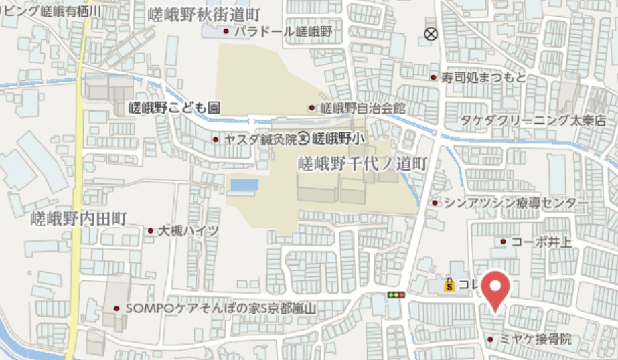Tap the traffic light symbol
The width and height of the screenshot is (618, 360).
[396, 294]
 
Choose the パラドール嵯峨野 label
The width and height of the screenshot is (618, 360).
[282, 31]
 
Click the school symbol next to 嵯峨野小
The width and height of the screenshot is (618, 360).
[303, 139]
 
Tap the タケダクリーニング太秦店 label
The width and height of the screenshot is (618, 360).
[532, 120]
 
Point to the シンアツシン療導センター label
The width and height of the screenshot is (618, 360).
[516, 202]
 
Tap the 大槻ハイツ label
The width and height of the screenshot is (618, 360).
[188, 231]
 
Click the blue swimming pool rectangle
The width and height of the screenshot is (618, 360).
[244, 184]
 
